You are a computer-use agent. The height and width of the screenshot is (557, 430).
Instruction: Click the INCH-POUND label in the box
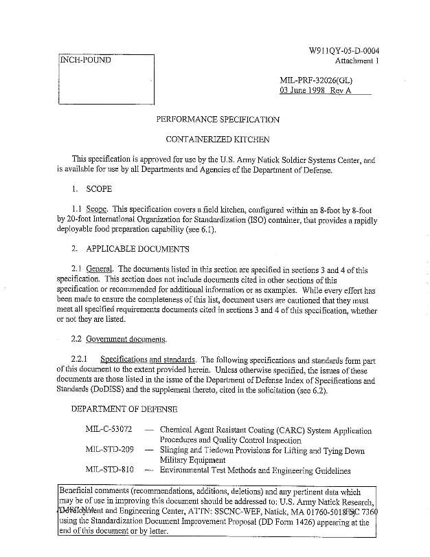(85, 60)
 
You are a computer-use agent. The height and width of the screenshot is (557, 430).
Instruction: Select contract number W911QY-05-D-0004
(345, 51)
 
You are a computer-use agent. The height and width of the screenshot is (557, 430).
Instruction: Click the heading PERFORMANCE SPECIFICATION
(218, 120)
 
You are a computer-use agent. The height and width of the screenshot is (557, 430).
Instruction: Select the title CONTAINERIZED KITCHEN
(218, 140)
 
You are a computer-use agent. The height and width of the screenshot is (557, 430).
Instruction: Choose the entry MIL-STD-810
(109, 471)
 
